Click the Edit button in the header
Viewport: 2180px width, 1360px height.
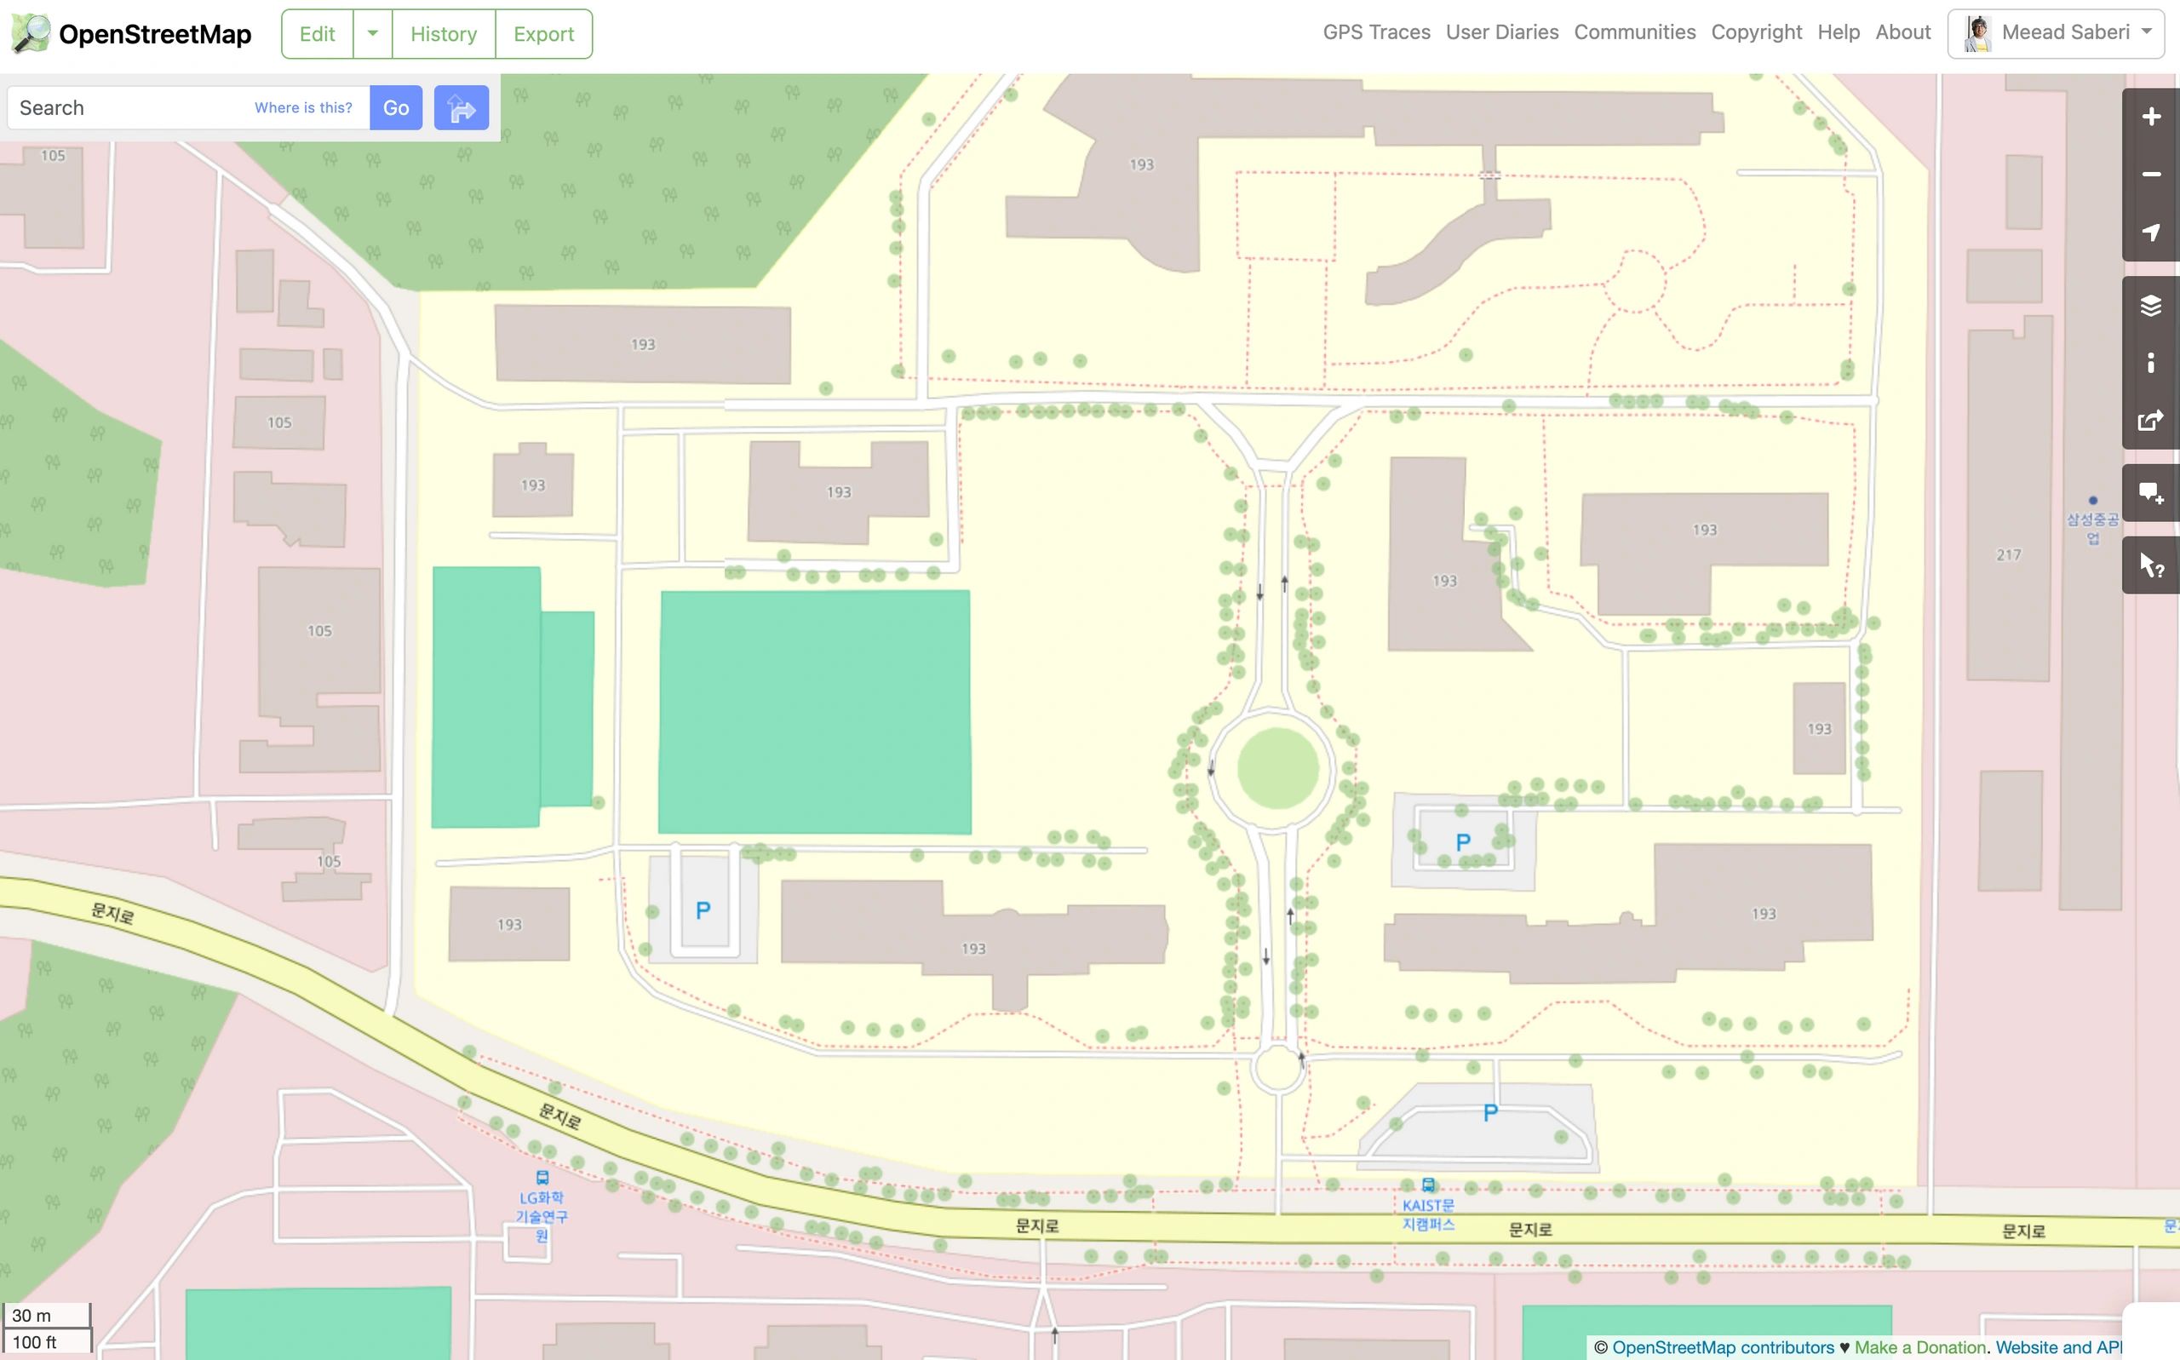click(317, 34)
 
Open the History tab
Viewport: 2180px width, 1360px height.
click(444, 34)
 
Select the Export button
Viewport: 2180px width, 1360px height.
click(543, 34)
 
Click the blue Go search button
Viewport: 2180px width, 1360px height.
click(396, 108)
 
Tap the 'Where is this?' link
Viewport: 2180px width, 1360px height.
click(303, 108)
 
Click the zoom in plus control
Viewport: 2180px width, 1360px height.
click(2150, 117)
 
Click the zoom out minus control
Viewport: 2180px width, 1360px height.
click(2150, 175)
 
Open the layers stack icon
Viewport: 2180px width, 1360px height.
click(2150, 306)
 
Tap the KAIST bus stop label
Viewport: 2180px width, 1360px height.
click(1427, 1214)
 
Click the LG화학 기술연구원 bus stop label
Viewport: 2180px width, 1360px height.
click(542, 1215)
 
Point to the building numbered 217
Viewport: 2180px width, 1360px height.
click(2007, 555)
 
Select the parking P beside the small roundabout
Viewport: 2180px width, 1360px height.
click(1489, 1113)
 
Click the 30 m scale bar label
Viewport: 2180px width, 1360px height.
click(32, 1315)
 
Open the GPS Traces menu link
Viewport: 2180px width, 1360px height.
click(1376, 32)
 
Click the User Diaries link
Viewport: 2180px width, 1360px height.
click(1502, 32)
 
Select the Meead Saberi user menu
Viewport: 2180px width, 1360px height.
click(2055, 32)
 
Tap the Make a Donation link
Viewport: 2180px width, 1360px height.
click(1919, 1347)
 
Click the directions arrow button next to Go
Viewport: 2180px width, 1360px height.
click(462, 108)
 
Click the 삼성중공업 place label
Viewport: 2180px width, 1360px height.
click(2092, 528)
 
